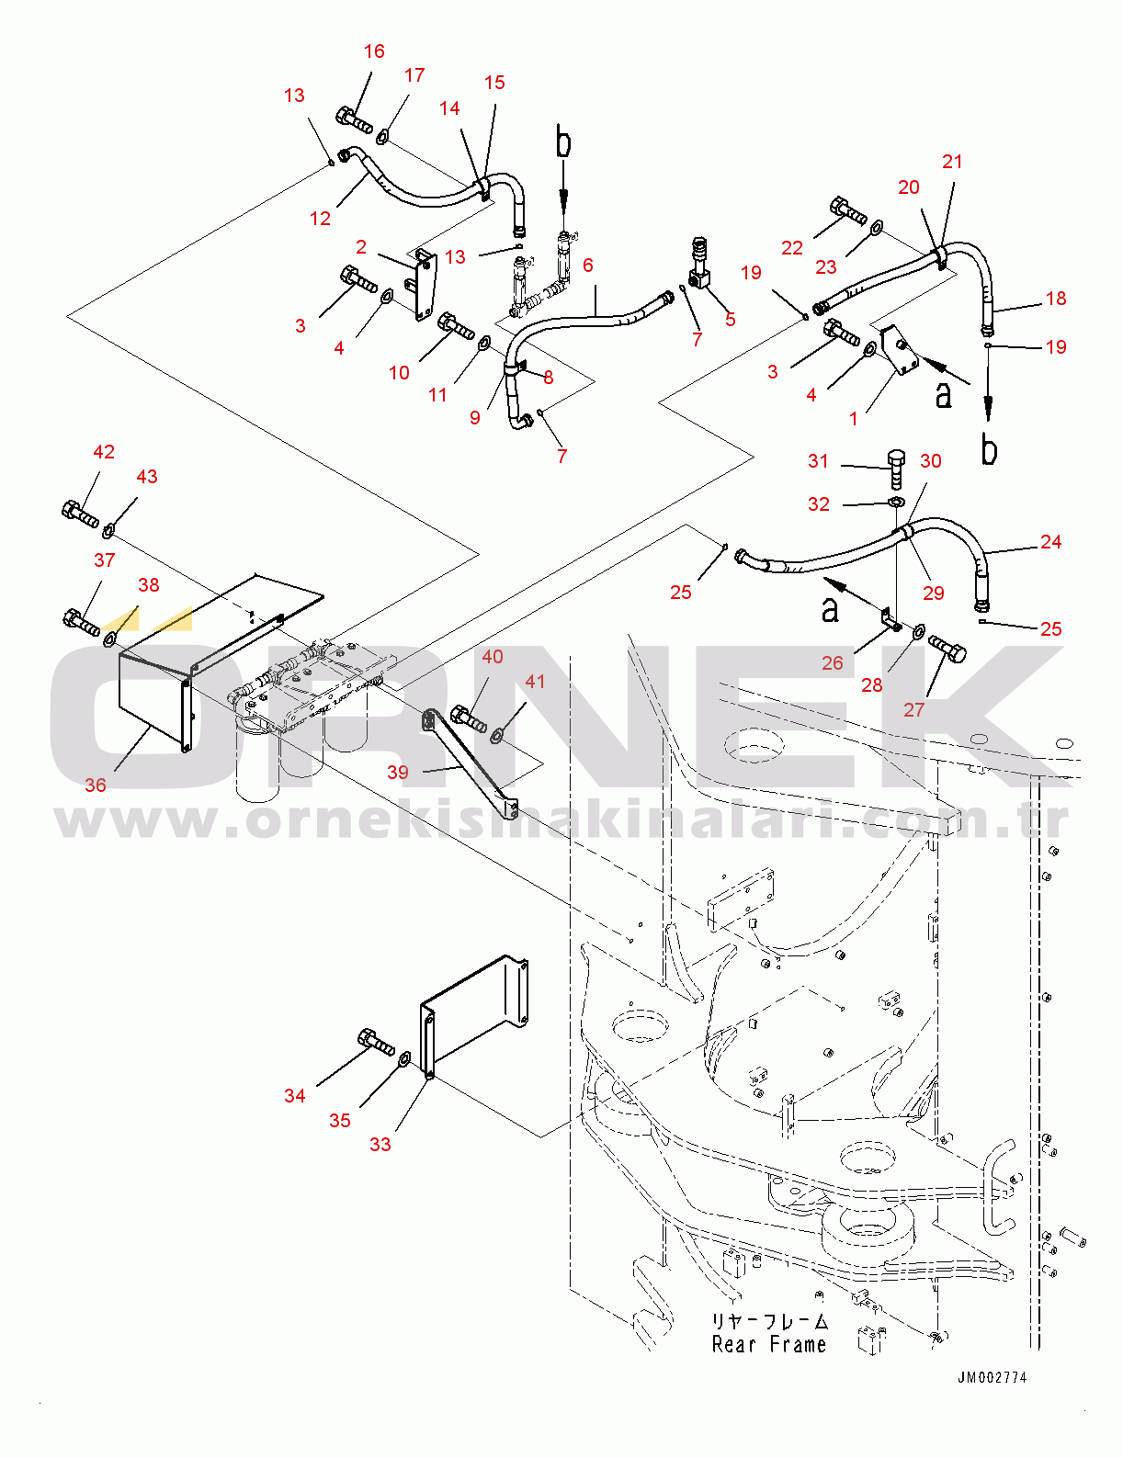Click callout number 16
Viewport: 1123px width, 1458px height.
pyautogui.click(x=374, y=51)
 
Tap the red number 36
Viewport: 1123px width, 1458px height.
pyautogui.click(x=96, y=786)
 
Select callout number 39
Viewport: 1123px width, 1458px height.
pyautogui.click(x=398, y=773)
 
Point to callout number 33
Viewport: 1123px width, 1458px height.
pyautogui.click(x=380, y=1144)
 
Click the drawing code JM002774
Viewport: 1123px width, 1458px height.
pyautogui.click(x=993, y=1377)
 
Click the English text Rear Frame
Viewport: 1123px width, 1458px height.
pyautogui.click(x=769, y=1345)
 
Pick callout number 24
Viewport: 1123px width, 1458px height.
pyautogui.click(x=1051, y=542)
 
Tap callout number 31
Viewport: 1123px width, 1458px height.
pyautogui.click(x=818, y=460)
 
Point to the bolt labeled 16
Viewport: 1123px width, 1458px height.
pyautogui.click(x=355, y=121)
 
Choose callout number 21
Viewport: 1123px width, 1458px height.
pyautogui.click(x=952, y=162)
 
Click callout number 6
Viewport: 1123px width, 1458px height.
pyautogui.click(x=588, y=266)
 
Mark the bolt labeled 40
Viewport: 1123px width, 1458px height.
pyautogui.click(x=469, y=718)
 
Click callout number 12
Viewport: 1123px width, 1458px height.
pyautogui.click(x=320, y=219)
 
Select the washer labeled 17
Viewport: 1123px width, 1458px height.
pyautogui.click(x=383, y=138)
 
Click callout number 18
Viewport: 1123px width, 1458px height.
pyautogui.click(x=1056, y=299)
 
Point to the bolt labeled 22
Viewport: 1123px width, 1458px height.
pyautogui.click(x=848, y=211)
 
